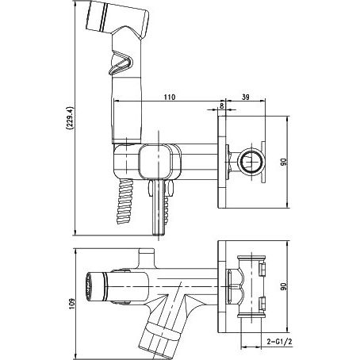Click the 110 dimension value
[169, 97]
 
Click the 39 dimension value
[246, 97]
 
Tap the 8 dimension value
[222, 105]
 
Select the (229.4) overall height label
[70, 118]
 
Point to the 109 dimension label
[71, 304]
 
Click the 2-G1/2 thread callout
[279, 342]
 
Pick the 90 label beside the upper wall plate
[283, 162]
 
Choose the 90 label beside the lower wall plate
[283, 286]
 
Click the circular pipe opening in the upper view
[251, 161]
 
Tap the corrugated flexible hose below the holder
[124, 201]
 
